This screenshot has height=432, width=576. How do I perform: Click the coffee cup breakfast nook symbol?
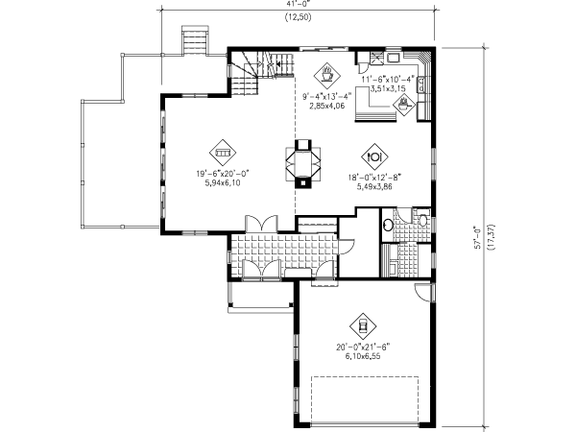pyautogui.click(x=326, y=75)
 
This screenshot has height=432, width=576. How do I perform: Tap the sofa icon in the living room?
pyautogui.click(x=223, y=152)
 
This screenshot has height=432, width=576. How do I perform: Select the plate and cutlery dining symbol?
pyautogui.click(x=374, y=156)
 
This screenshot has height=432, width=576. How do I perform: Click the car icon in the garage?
pyautogui.click(x=363, y=326)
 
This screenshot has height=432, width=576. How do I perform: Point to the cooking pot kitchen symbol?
pyautogui.click(x=404, y=105)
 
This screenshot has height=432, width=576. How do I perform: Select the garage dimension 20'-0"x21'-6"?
pyautogui.click(x=363, y=348)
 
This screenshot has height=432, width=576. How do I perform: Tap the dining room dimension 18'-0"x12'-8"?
pyautogui.click(x=374, y=178)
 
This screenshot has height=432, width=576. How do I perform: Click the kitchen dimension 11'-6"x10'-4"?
pyautogui.click(x=387, y=79)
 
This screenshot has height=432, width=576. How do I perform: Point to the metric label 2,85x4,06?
pyautogui.click(x=326, y=107)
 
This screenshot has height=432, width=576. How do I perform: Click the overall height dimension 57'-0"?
pyautogui.click(x=478, y=237)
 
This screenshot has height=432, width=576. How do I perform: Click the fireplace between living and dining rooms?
pyautogui.click(x=303, y=164)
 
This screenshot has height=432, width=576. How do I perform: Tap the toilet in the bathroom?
pyautogui.click(x=423, y=219)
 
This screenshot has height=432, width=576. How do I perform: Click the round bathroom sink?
pyautogui.click(x=388, y=225)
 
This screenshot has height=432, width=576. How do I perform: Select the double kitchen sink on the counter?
pyautogui.click(x=421, y=84)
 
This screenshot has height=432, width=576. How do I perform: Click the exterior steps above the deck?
pyautogui.click(x=196, y=40)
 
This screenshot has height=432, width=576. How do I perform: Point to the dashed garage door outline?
pyautogui.click(x=365, y=399)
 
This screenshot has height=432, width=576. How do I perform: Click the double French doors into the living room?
pyautogui.click(x=261, y=224)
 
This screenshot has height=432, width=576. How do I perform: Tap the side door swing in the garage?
pyautogui.click(x=423, y=293)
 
